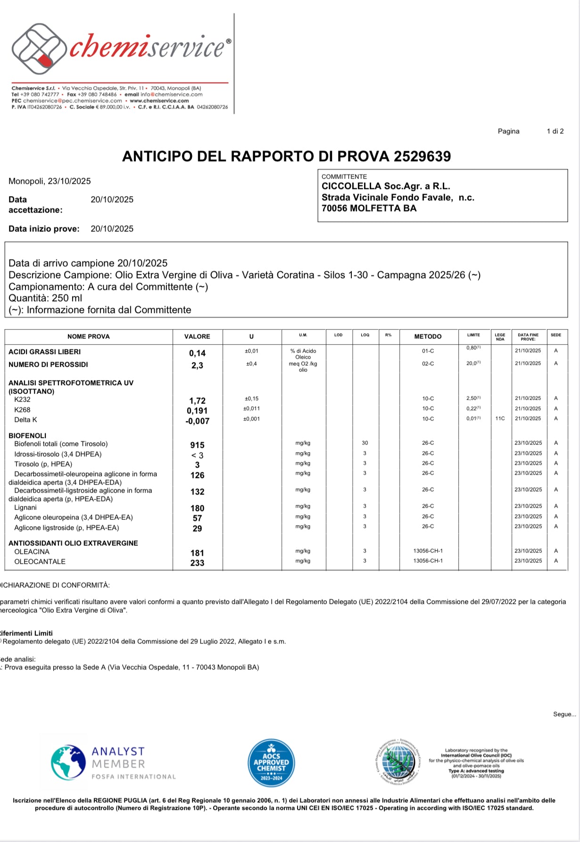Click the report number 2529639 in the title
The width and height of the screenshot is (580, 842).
click(x=422, y=157)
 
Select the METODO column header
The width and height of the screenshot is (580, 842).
click(x=428, y=337)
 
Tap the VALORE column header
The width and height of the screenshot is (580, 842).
click(x=197, y=337)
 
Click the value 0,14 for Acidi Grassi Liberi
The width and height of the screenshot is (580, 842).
click(x=197, y=353)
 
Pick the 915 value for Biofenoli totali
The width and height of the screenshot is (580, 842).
click(x=197, y=445)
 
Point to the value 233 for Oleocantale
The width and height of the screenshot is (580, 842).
click(x=197, y=563)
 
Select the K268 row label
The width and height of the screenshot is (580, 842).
click(x=22, y=410)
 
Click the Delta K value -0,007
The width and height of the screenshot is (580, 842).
click(x=197, y=421)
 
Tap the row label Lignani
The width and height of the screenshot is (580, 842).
click(x=25, y=508)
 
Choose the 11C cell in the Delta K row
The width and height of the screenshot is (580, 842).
click(x=500, y=419)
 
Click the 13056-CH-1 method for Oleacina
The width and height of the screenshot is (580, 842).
click(x=428, y=551)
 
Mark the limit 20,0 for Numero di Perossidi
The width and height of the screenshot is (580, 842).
click(x=473, y=363)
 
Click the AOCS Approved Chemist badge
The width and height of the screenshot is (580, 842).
click(x=271, y=762)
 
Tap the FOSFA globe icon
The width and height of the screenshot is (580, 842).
click(x=68, y=762)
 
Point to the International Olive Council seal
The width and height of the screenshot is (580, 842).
click(x=398, y=762)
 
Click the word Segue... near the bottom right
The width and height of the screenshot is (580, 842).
click(x=564, y=714)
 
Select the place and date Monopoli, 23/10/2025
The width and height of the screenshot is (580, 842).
click(x=50, y=181)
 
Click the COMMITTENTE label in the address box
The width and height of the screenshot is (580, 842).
click(x=344, y=177)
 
